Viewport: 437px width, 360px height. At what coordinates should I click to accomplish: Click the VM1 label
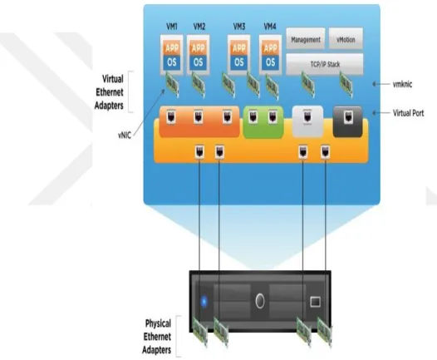point(172,27)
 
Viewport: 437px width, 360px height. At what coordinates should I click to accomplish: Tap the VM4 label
point(270,27)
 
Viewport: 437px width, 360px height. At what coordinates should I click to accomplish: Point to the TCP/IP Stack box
point(325,64)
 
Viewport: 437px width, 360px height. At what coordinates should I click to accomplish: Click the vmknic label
point(402,84)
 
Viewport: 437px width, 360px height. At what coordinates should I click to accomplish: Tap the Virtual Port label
point(408,113)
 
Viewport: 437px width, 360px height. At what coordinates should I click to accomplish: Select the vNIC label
point(125,136)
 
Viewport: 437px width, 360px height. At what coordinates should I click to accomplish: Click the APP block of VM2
point(199,48)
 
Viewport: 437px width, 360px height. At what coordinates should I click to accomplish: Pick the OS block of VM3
point(238,62)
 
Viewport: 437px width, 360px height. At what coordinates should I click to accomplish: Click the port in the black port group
point(348,117)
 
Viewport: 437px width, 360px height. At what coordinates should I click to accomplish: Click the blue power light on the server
point(204,302)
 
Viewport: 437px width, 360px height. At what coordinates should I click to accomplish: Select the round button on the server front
point(260,301)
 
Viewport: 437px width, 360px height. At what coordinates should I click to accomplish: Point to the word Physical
point(158,323)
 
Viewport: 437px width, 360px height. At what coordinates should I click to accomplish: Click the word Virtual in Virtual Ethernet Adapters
point(113,79)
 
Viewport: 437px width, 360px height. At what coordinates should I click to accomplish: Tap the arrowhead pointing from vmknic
point(375,84)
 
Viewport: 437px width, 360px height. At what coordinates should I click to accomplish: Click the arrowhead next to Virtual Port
point(375,113)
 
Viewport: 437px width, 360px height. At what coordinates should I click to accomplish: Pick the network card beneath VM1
point(172,84)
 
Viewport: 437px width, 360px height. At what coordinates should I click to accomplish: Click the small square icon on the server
point(315,302)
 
